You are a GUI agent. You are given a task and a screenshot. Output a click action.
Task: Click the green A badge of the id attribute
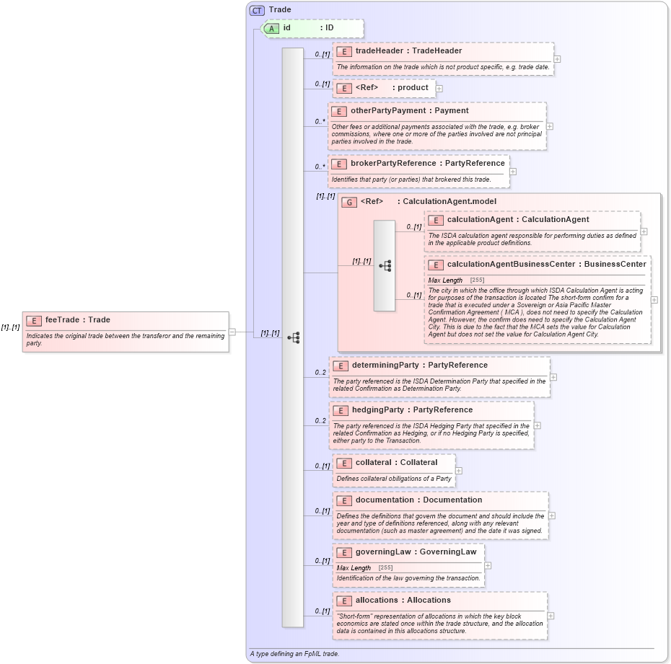272,28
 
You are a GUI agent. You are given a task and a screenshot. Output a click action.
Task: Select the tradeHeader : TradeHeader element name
408,51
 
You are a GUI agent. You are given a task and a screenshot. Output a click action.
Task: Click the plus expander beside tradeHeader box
557,59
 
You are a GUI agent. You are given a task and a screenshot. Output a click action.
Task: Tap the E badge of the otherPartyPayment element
339,111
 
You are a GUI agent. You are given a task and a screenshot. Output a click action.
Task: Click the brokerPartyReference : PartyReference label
427,164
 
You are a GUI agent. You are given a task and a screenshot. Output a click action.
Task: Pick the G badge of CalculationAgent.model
349,202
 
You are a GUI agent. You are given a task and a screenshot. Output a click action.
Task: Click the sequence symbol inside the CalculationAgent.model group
385,265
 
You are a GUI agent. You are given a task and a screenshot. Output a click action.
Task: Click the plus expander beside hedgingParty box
537,425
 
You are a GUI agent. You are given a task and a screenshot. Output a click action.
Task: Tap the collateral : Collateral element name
396,463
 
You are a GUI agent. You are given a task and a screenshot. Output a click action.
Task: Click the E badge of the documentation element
344,500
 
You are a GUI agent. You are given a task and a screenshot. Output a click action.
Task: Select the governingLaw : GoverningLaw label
416,552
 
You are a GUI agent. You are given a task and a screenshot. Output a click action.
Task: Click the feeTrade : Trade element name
77,320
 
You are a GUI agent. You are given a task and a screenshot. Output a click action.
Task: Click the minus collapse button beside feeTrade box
232,332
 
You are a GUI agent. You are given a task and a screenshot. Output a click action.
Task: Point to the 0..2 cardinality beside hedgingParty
320,420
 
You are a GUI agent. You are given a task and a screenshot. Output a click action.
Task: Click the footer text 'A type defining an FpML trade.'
294,654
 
